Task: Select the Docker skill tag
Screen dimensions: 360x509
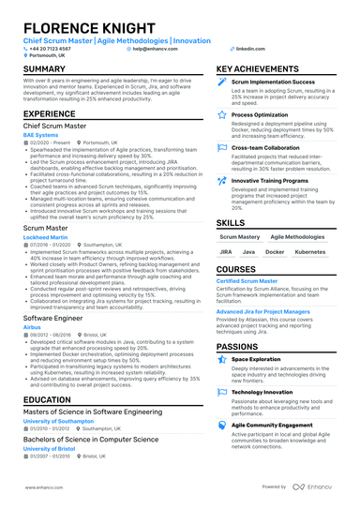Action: point(275,252)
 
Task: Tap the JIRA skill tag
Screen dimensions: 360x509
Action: point(227,252)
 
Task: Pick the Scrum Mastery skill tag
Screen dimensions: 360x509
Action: point(240,237)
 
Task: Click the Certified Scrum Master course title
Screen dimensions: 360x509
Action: point(247,281)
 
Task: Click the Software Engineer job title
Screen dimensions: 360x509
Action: point(52,318)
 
